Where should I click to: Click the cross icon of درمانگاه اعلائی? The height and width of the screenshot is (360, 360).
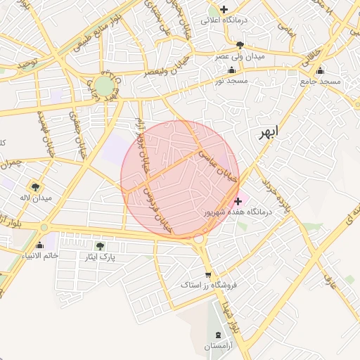(224, 9)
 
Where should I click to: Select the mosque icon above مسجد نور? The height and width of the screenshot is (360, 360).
(231, 70)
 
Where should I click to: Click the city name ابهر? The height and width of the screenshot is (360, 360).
(268, 133)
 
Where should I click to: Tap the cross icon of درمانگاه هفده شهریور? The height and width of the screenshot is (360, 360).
(238, 201)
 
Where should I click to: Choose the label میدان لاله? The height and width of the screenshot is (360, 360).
(36, 198)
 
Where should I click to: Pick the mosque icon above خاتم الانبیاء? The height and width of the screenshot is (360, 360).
(39, 245)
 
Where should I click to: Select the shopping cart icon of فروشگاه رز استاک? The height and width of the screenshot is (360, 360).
(207, 275)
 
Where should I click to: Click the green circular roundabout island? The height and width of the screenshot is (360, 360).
(104, 86)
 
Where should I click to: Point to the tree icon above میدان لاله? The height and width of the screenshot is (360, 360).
(36, 187)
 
